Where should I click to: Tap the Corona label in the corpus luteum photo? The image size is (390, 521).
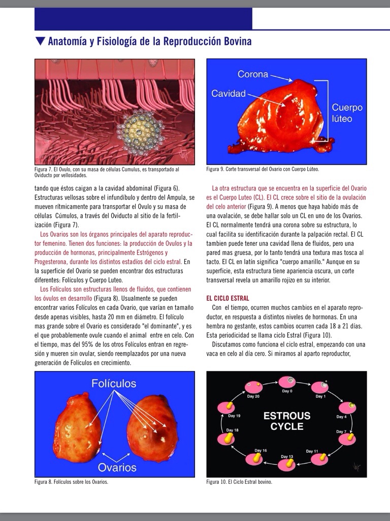point(252,74)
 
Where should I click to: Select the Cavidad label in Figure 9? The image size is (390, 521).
point(228,94)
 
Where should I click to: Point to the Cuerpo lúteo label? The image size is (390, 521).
point(347,113)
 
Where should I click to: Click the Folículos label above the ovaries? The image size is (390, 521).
point(114,383)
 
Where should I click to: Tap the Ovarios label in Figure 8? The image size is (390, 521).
point(118,467)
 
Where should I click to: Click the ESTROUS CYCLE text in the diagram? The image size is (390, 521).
point(286,421)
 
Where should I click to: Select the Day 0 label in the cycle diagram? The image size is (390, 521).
point(287,391)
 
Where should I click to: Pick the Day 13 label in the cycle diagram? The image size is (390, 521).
point(287,456)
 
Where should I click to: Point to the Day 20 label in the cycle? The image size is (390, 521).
point(254,396)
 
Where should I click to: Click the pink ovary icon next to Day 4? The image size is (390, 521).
point(347,408)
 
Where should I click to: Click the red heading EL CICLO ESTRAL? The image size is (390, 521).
point(227,298)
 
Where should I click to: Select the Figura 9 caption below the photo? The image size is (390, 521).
point(263,169)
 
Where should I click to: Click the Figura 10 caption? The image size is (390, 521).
point(239,482)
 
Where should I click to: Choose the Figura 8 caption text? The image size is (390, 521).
point(71,482)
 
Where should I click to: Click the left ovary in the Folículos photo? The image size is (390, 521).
point(77,429)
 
